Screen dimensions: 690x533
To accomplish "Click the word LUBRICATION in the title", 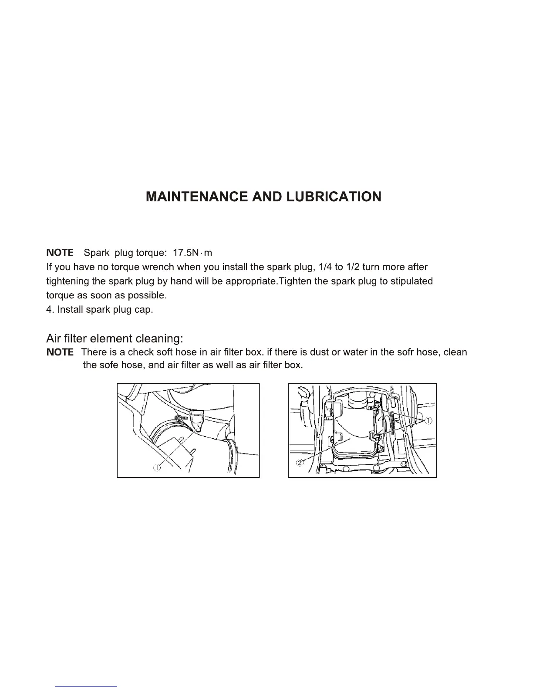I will (x=334, y=196).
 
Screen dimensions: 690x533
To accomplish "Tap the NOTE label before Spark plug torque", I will (x=60, y=253).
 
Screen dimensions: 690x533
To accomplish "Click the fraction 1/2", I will (x=351, y=267).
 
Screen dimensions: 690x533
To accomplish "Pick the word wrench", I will (x=158, y=267).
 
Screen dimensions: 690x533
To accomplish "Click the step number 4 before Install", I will (x=49, y=310).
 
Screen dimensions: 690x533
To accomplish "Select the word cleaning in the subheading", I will (x=160, y=338).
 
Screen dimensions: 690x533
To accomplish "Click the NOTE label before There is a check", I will (x=60, y=352).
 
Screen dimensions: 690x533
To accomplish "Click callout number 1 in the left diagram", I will (x=157, y=468).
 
